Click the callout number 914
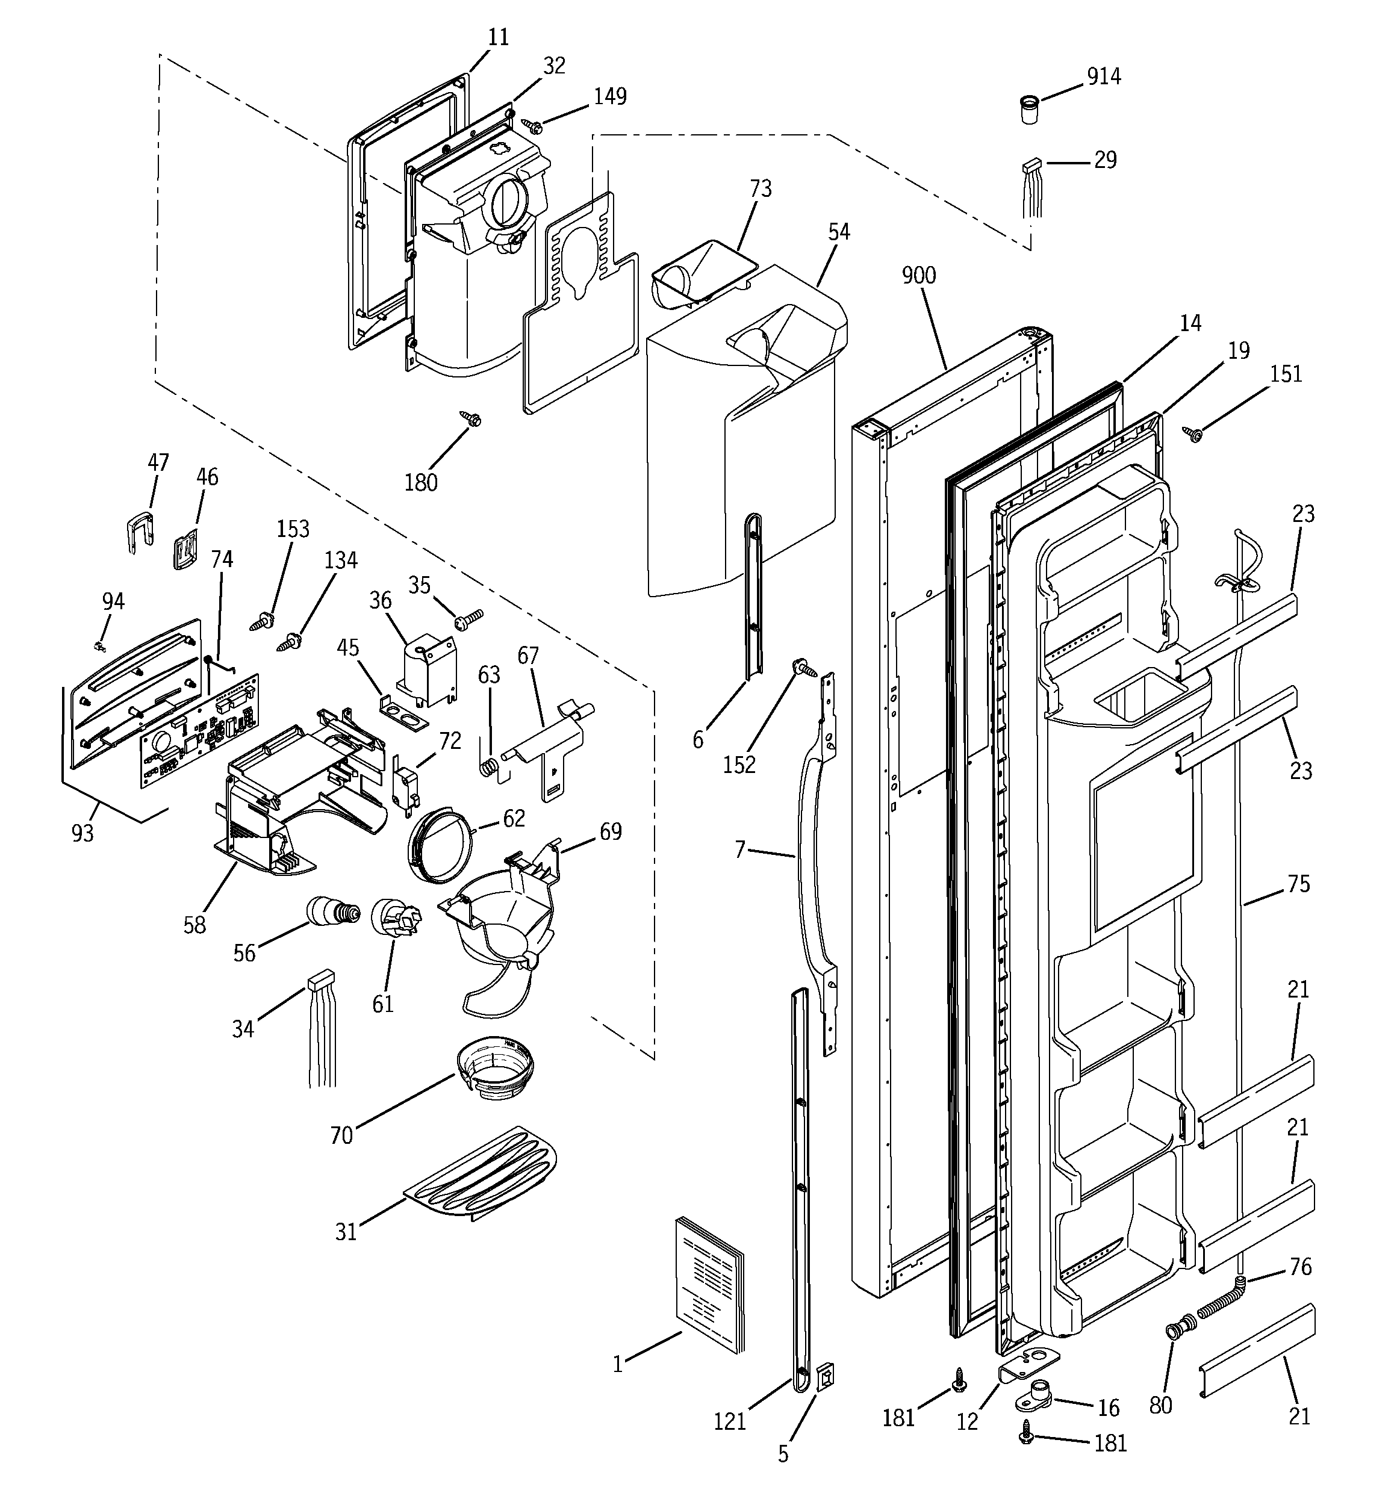click(1104, 76)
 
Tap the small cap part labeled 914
click(1030, 110)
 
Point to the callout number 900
click(918, 276)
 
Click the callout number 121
click(730, 1421)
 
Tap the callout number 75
click(1299, 884)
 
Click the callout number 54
click(839, 232)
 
